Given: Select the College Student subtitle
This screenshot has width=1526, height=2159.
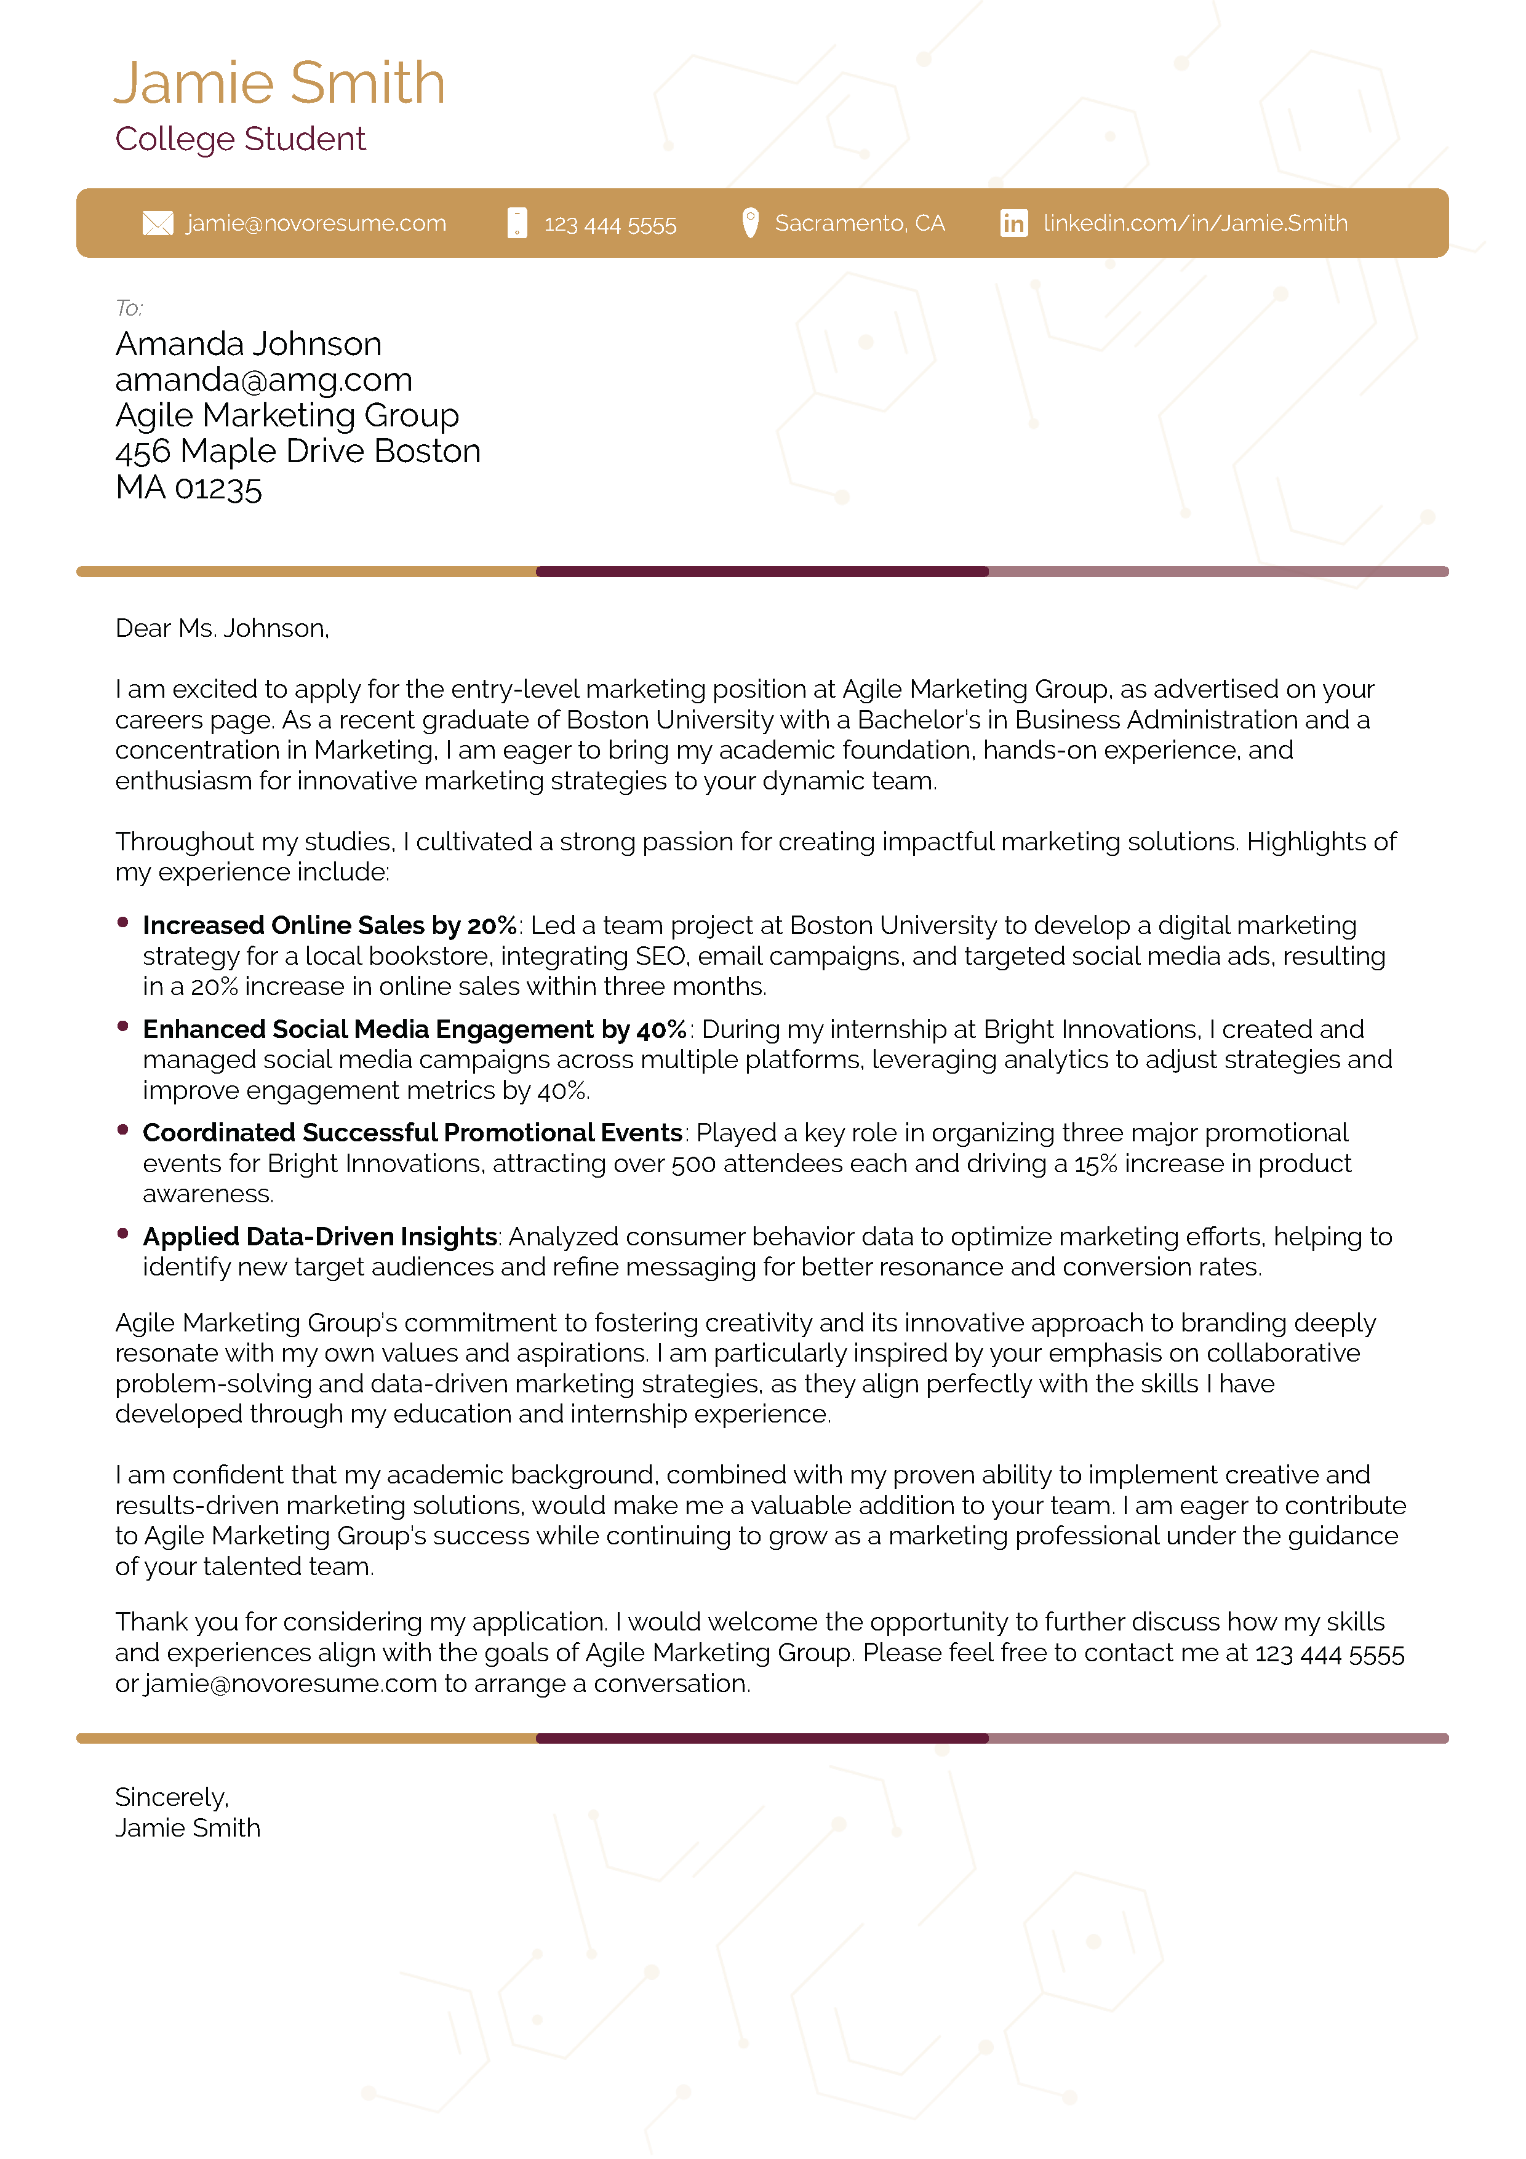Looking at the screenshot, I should pos(240,139).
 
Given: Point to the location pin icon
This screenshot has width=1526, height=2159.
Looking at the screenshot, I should pos(749,223).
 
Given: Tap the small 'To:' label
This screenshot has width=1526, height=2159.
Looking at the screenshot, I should pos(129,308).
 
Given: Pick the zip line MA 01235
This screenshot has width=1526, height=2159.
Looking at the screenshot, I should pos(188,488).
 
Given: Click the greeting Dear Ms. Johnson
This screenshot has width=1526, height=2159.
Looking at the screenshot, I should pos(222,628).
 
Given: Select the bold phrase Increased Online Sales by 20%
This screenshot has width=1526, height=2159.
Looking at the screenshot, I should pos(329,925).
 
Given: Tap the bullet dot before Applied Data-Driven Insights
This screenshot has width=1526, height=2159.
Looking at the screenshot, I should pos(122,1234).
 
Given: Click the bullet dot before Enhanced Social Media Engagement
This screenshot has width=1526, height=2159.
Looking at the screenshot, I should pos(122,1026).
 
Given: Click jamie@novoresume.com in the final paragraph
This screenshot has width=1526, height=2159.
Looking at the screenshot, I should pos(290,1683).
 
